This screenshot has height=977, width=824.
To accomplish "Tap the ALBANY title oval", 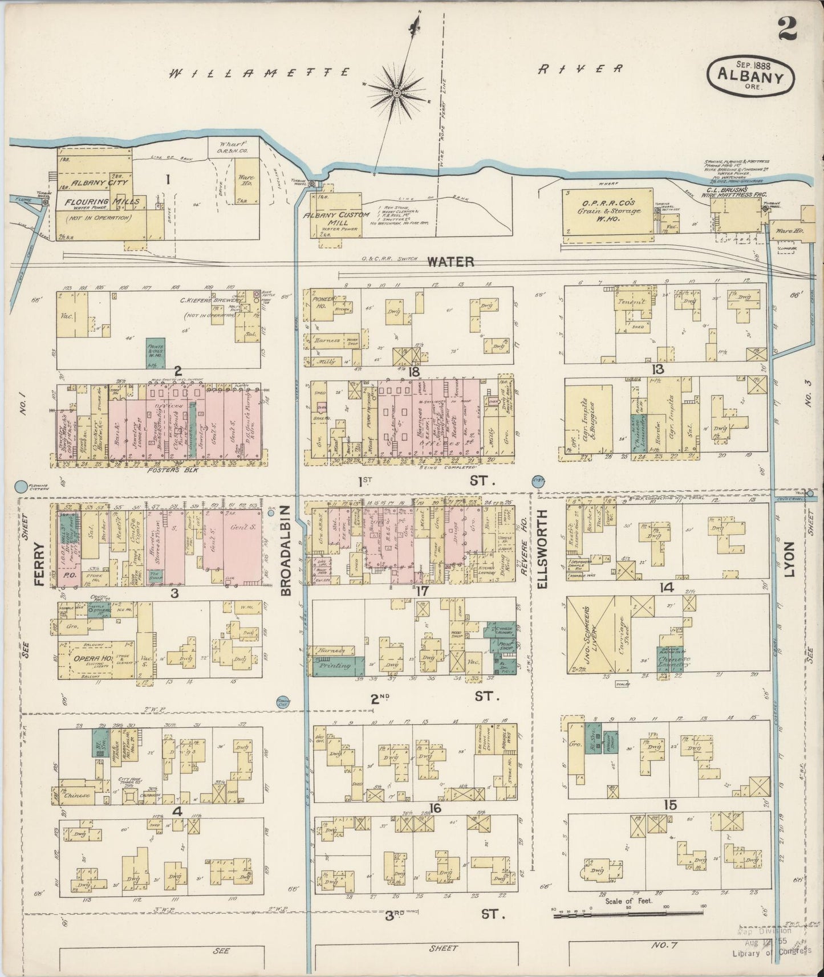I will coord(750,75).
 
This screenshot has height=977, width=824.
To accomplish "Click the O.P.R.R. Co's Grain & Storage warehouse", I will coord(608,211).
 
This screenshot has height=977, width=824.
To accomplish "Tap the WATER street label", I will coord(450,262).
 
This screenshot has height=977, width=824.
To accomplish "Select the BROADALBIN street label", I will coord(286,549).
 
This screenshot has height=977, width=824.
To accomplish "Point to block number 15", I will coord(670,805).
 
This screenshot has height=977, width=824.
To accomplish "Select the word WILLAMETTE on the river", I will coord(259,72).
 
